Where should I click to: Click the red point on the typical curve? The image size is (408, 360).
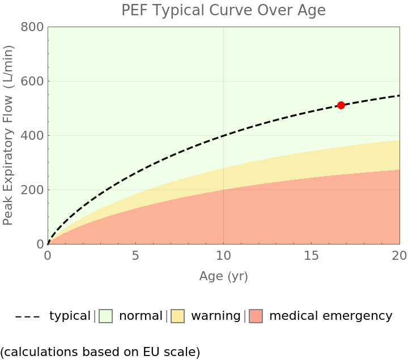pos(341,105)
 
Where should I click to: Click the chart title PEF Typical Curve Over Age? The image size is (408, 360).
pos(223,11)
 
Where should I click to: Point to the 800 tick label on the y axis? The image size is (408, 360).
pos(32,27)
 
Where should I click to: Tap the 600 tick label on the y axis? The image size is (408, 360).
pos(32,81)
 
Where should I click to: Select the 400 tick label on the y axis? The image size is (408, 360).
pos(32,135)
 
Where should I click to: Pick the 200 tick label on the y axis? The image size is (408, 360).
pos(32,190)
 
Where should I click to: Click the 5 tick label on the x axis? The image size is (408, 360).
pos(135,256)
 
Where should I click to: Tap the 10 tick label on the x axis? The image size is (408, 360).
pos(223,256)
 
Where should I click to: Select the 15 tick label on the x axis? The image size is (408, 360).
pos(311,256)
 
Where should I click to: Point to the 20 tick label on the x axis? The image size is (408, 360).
pos(399,256)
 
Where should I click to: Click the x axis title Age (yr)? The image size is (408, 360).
pos(223,276)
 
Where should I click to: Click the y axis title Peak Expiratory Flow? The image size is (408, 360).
pos(8,135)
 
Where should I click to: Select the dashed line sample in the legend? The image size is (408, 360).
pos(27,316)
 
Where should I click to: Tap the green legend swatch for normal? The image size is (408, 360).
pos(106,316)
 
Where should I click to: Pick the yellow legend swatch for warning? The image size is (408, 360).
pos(178,316)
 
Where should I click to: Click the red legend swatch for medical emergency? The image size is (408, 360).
pos(256,316)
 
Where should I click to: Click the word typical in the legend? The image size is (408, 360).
pos(70,316)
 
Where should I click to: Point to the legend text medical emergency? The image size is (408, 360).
pos(330,316)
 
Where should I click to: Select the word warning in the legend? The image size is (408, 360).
pos(216,316)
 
